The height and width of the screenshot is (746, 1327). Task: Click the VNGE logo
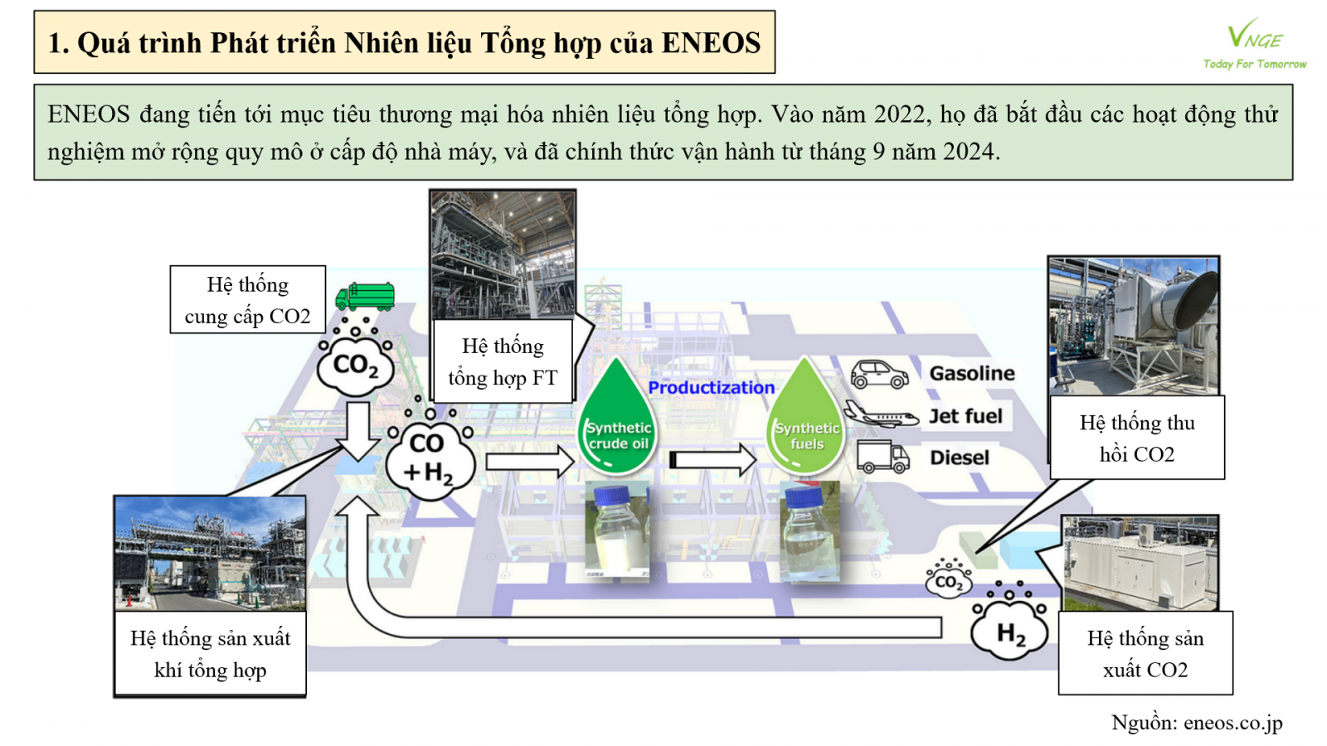click(x=1254, y=44)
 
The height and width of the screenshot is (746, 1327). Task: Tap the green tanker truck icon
click(x=366, y=297)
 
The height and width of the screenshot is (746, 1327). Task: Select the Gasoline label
click(x=971, y=374)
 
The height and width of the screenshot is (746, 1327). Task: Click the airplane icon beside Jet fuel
click(x=880, y=414)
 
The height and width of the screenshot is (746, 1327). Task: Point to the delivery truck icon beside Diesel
click(x=882, y=457)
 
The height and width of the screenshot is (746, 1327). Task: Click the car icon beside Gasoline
click(x=879, y=375)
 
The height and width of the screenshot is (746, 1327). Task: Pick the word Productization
click(x=711, y=387)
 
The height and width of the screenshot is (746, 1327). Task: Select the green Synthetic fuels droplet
click(x=805, y=423)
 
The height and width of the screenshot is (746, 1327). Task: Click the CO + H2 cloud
click(x=430, y=458)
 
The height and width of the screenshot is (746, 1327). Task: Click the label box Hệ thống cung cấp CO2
click(x=248, y=300)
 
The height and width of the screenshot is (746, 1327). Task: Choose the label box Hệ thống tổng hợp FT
click(x=503, y=361)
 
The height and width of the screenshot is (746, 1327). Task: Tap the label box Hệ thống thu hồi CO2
click(x=1136, y=438)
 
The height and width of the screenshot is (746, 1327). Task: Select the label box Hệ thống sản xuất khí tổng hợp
click(x=210, y=654)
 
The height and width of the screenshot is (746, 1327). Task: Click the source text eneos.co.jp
click(x=1232, y=722)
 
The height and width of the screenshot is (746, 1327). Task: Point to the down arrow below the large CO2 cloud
click(x=359, y=430)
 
